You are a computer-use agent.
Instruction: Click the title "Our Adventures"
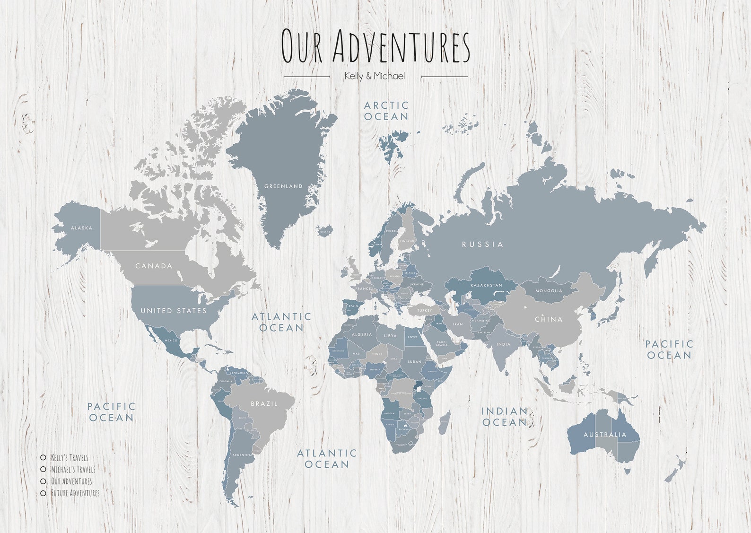tap(375, 45)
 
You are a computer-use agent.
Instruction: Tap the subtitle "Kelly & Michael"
tap(375, 76)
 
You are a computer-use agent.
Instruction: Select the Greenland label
tap(283, 186)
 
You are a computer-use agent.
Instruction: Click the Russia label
tap(482, 245)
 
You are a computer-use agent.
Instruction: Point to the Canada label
tap(154, 266)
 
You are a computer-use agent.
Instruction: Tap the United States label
tap(174, 311)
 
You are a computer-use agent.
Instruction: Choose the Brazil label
tap(264, 404)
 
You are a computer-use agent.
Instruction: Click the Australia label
tap(605, 435)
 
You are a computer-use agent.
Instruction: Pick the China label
tap(549, 319)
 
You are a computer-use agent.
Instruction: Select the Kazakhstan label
tap(486, 286)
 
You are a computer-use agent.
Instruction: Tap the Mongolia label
tap(549, 291)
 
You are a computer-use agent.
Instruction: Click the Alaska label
tap(81, 228)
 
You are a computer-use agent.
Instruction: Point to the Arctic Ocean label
tap(386, 111)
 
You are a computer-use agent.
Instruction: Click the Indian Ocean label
tap(504, 417)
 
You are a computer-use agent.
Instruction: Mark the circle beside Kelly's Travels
tap(43, 457)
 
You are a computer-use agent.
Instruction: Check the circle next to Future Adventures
tap(43, 493)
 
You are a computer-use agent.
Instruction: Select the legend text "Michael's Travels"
tap(73, 469)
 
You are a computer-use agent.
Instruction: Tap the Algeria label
tap(361, 335)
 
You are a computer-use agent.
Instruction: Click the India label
tap(504, 344)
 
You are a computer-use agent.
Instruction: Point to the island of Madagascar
tap(444, 423)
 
